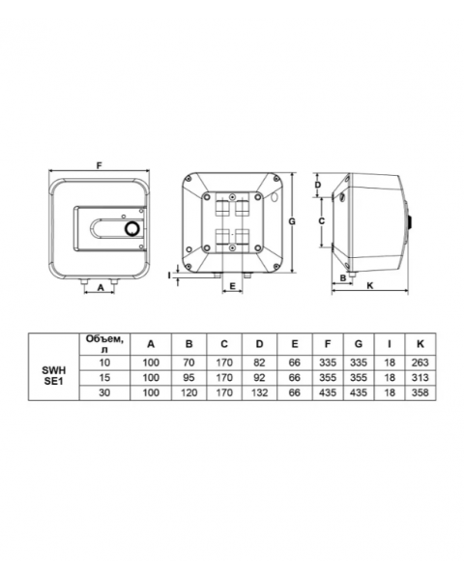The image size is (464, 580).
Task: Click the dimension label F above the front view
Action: click(99, 165)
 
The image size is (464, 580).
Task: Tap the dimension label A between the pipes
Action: click(101, 287)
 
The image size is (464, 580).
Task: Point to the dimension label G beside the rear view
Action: click(292, 221)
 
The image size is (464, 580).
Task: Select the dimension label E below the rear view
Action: click(232, 286)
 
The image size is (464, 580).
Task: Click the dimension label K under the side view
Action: click(370, 285)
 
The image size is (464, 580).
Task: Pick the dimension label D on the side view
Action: click(318, 185)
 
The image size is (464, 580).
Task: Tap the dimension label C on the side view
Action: click(321, 220)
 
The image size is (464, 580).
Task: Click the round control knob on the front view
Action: click(131, 229)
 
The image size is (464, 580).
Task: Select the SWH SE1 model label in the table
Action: click(54, 376)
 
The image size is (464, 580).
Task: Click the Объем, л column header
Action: click(104, 344)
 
